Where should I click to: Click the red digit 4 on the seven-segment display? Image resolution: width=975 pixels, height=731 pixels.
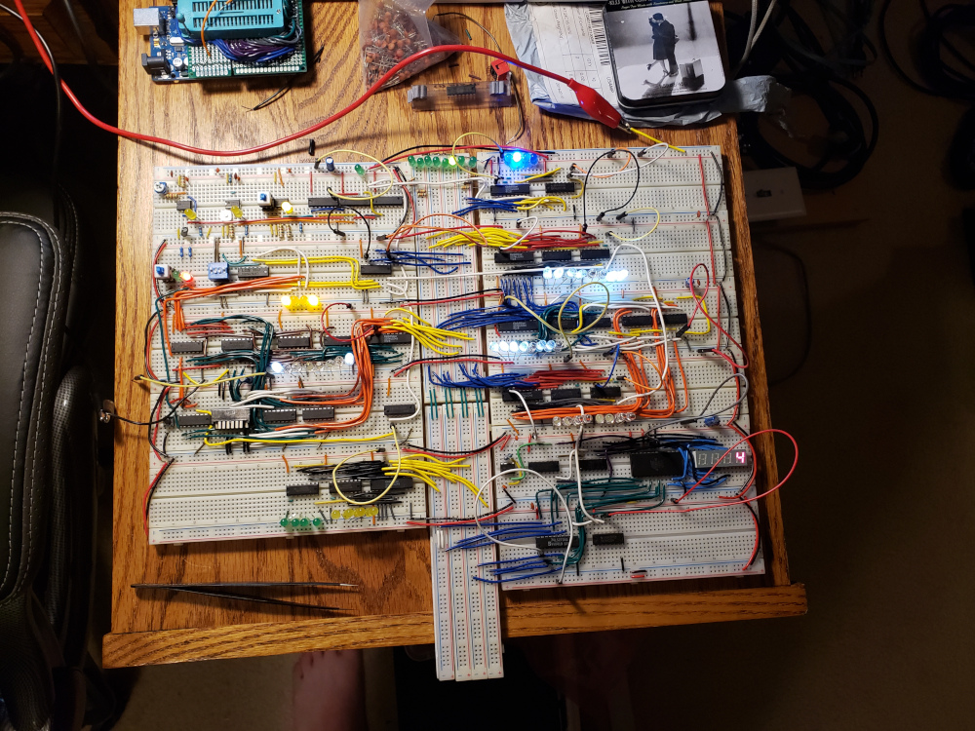coord(741,458)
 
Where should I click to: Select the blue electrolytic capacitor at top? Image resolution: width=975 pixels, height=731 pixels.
coord(333,160)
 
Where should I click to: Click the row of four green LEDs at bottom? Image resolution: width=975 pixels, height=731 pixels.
coord(302,523)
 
